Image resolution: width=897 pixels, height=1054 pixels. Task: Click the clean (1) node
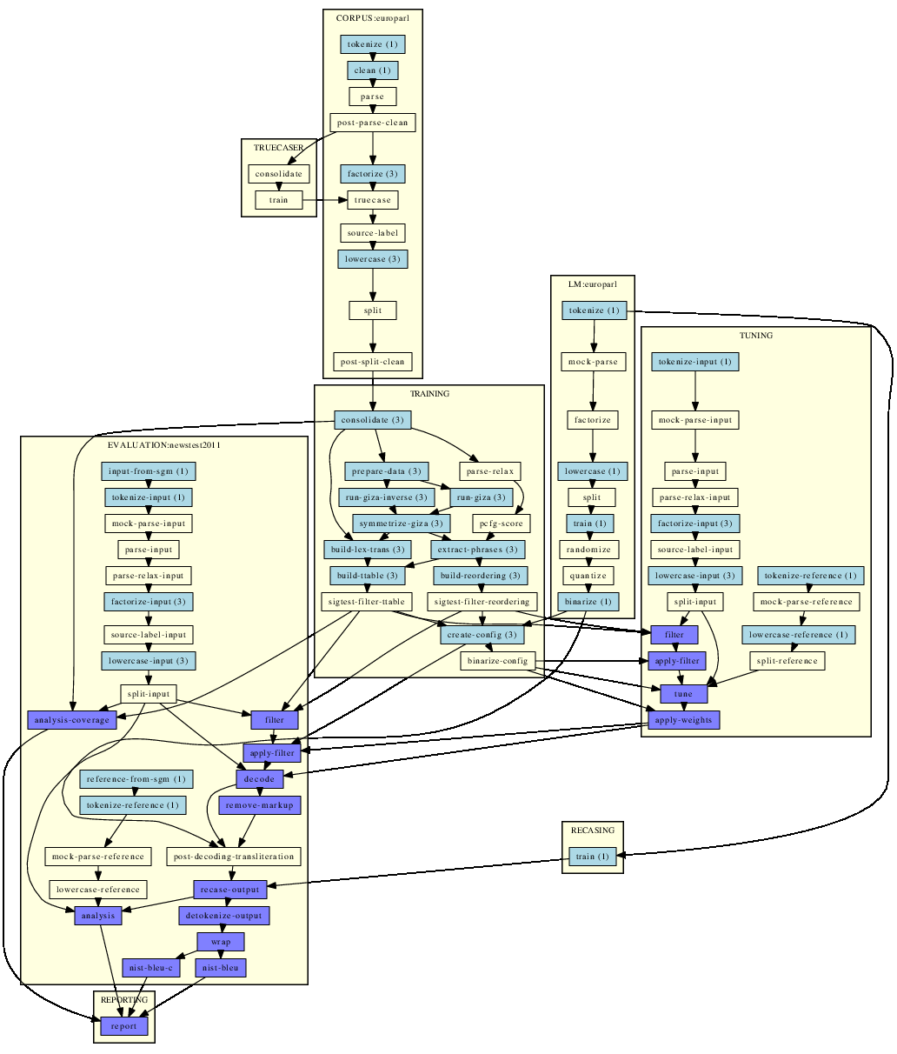373,70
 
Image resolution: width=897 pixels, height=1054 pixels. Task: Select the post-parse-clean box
373,123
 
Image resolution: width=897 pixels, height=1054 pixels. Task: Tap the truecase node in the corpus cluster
373,200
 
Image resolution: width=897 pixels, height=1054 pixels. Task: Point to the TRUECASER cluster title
279,148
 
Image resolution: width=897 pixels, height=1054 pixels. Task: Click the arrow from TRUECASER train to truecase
325,200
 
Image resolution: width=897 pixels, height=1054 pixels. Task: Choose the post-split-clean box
373,362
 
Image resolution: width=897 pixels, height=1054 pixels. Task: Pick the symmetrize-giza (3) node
401,524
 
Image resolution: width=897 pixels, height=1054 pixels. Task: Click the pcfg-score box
502,524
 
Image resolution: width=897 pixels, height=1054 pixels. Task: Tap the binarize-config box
498,661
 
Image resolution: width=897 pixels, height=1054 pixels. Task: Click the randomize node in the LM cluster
588,550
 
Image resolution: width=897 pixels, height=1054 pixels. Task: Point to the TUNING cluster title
756,336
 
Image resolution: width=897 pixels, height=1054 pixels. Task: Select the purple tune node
683,694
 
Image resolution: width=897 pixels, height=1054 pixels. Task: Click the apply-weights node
684,720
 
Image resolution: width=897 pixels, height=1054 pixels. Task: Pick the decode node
259,778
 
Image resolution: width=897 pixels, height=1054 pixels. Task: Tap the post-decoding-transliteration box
234,856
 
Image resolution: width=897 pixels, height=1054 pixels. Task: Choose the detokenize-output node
224,916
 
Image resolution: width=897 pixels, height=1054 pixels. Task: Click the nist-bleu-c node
151,967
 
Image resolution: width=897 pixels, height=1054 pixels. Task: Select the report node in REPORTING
123,1026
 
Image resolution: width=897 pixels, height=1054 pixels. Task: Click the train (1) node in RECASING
592,856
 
